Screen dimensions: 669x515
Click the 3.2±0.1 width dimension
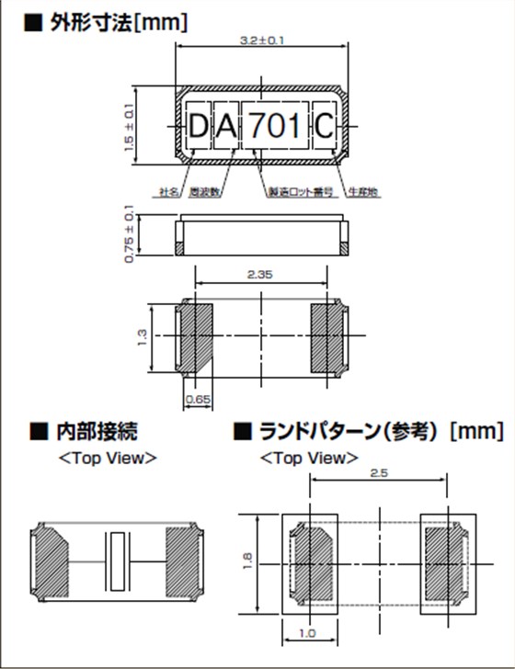tap(262, 41)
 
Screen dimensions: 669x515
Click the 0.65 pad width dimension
tap(196, 399)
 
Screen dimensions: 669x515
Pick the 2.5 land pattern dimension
tap(379, 472)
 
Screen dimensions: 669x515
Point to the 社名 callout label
tap(168, 192)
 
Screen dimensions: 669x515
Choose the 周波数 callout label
tap(203, 192)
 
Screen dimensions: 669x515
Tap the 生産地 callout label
tap(362, 192)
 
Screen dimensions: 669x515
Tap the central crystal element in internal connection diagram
tap(117, 561)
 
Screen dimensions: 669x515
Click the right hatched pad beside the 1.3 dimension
tap(327, 336)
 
